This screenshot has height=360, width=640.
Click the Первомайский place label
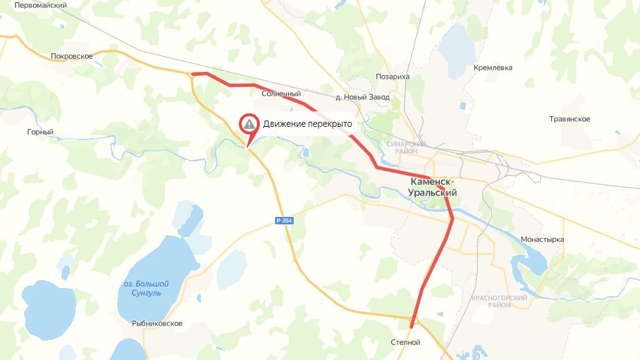(x=40, y=5)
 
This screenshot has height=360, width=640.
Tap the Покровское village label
(x=72, y=56)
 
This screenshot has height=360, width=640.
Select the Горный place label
(x=41, y=132)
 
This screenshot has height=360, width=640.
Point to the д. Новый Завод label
(x=362, y=97)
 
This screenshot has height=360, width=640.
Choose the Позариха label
(x=392, y=77)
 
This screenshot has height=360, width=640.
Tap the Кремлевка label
(x=493, y=67)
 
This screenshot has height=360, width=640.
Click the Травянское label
(x=569, y=119)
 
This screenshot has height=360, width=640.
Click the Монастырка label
(x=542, y=239)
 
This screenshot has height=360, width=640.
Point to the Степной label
(x=406, y=342)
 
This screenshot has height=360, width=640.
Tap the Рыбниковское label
(x=157, y=324)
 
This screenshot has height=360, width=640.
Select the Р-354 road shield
(x=284, y=221)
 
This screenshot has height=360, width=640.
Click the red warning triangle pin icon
(x=250, y=124)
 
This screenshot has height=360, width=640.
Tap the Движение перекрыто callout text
(x=307, y=124)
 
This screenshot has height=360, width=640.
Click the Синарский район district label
(x=406, y=147)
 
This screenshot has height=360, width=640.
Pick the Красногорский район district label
(x=500, y=301)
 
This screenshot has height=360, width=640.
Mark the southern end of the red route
(x=411, y=326)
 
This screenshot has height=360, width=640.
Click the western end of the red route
(x=193, y=74)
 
